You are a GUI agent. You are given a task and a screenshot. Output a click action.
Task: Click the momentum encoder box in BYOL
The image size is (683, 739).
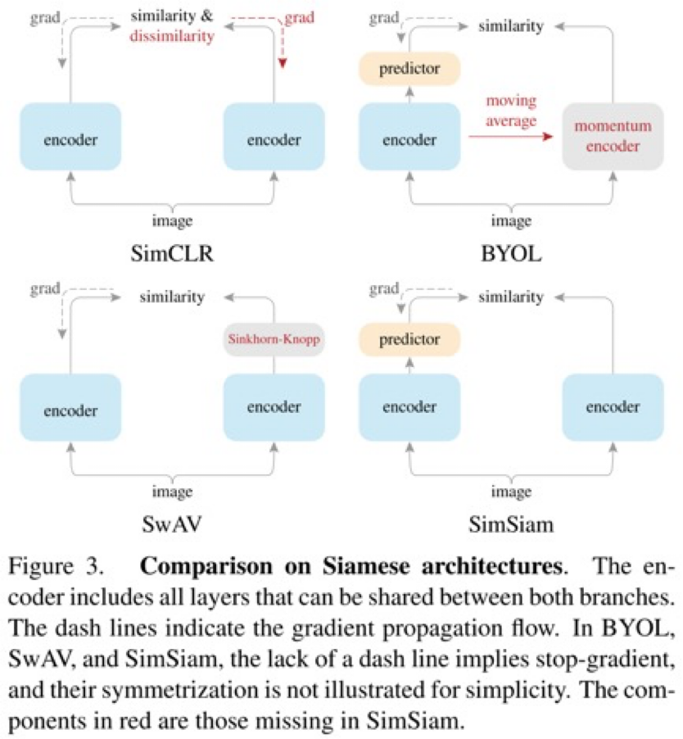(x=613, y=137)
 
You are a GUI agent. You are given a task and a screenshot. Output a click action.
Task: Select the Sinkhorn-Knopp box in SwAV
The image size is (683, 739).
(x=274, y=338)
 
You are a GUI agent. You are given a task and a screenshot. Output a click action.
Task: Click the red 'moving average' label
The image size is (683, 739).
(x=511, y=110)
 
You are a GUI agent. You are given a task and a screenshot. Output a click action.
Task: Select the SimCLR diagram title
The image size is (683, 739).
(x=173, y=252)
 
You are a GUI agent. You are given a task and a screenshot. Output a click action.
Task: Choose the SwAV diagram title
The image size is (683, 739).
(x=173, y=524)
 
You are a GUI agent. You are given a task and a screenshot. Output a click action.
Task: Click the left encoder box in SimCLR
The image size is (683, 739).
(x=71, y=138)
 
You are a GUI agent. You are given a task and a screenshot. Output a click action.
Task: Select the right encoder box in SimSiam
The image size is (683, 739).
(x=613, y=407)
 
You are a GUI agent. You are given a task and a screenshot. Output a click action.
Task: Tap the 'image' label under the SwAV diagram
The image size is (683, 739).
(x=173, y=492)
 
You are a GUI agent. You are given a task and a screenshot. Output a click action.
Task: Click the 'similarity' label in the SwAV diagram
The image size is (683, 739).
(x=172, y=296)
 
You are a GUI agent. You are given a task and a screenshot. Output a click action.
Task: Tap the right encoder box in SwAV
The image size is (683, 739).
(x=274, y=407)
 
